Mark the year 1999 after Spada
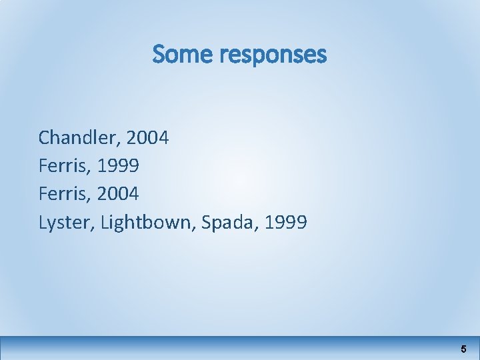click(x=285, y=222)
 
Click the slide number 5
click(x=463, y=349)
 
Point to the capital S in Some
click(x=159, y=55)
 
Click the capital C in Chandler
click(x=45, y=138)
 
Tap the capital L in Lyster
click(x=43, y=222)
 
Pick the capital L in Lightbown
click(x=105, y=222)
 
